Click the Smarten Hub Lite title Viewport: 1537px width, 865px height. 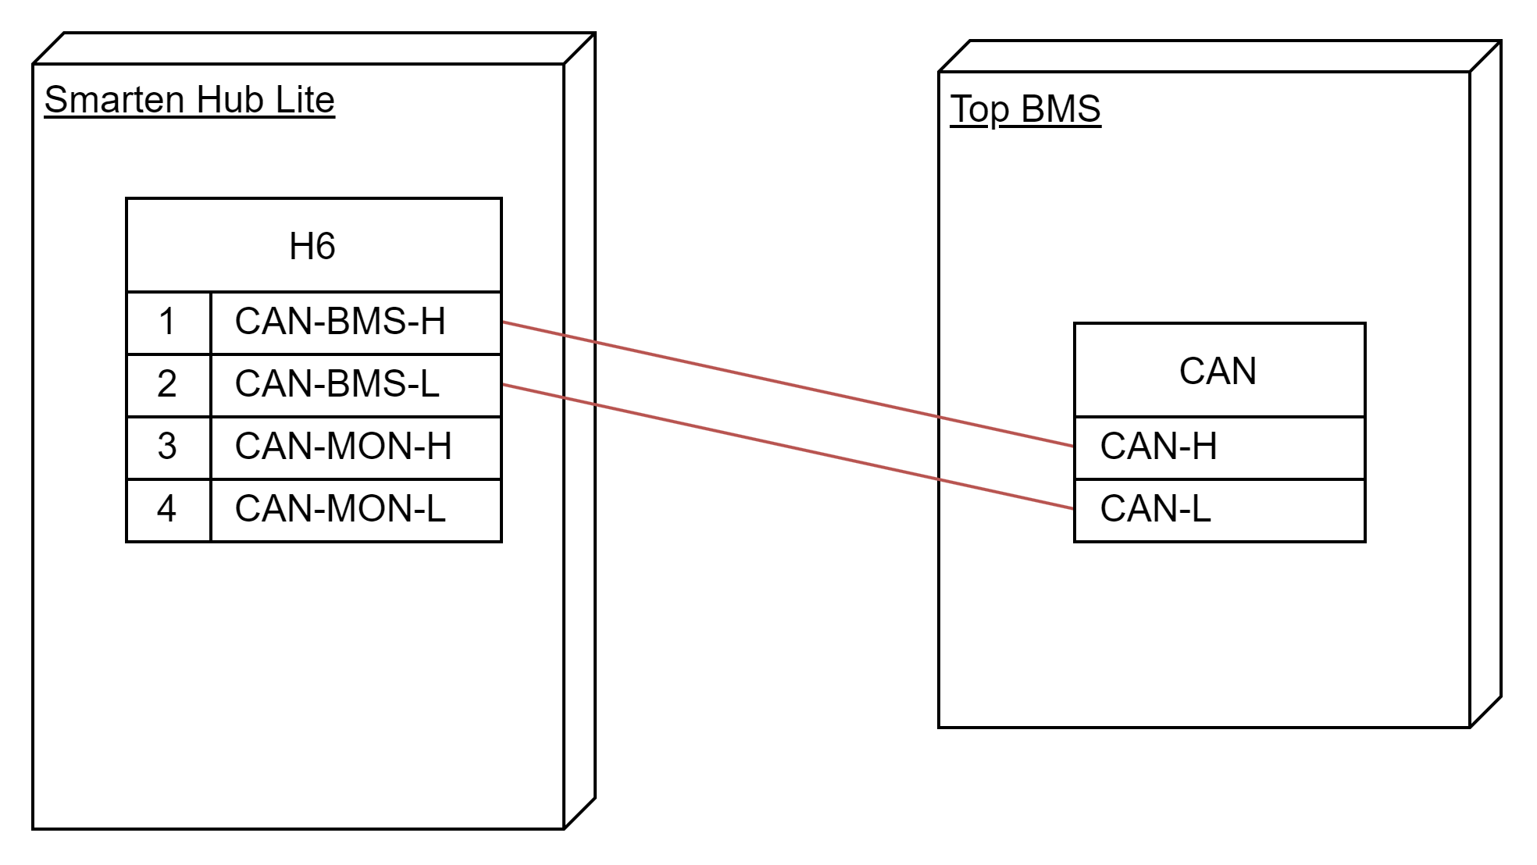click(x=190, y=101)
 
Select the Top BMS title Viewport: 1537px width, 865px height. click(x=1025, y=109)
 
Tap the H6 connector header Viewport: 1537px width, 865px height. click(x=313, y=246)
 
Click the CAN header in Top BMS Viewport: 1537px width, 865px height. click(x=1219, y=370)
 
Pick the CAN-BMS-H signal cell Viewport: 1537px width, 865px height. click(x=356, y=322)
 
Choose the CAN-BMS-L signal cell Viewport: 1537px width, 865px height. click(x=356, y=385)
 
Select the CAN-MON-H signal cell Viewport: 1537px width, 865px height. click(x=356, y=447)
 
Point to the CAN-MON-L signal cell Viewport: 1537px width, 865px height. click(x=356, y=510)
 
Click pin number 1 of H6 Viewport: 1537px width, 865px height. click(x=168, y=322)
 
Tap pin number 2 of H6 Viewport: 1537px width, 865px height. click(x=168, y=385)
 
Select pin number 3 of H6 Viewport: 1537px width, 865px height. click(x=168, y=447)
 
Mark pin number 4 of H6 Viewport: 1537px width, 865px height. click(x=168, y=510)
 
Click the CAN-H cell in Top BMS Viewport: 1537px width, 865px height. click(x=1219, y=447)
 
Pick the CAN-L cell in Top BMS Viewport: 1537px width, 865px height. click(x=1219, y=510)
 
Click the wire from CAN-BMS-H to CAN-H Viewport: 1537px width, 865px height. click(x=788, y=384)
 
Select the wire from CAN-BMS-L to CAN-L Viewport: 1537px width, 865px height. click(x=788, y=447)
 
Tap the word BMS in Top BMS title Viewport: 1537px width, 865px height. click(x=1061, y=109)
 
